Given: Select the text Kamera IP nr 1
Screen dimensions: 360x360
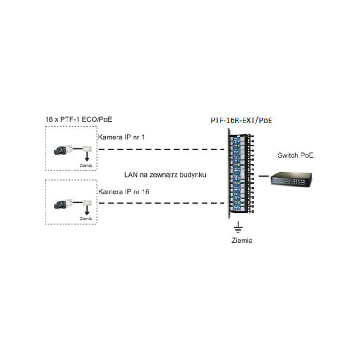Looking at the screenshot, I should pyautogui.click(x=121, y=137).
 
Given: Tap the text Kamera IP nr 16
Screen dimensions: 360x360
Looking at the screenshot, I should pyautogui.click(x=123, y=191).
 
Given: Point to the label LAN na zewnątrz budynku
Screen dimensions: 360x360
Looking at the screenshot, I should pyautogui.click(x=165, y=174).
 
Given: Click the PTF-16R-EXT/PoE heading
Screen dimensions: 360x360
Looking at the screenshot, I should pyautogui.click(x=242, y=120).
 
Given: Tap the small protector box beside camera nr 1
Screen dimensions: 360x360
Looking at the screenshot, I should pyautogui.click(x=86, y=148).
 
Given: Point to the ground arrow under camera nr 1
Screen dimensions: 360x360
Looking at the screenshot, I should pyautogui.click(x=85, y=158).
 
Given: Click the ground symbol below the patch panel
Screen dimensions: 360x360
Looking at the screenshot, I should pyautogui.click(x=239, y=227).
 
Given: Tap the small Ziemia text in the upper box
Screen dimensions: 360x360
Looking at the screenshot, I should pyautogui.click(x=85, y=166).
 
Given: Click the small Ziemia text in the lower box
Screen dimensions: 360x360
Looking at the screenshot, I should pyautogui.click(x=85, y=219).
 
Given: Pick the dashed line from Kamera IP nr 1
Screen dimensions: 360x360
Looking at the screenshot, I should pyautogui.click(x=162, y=149).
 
